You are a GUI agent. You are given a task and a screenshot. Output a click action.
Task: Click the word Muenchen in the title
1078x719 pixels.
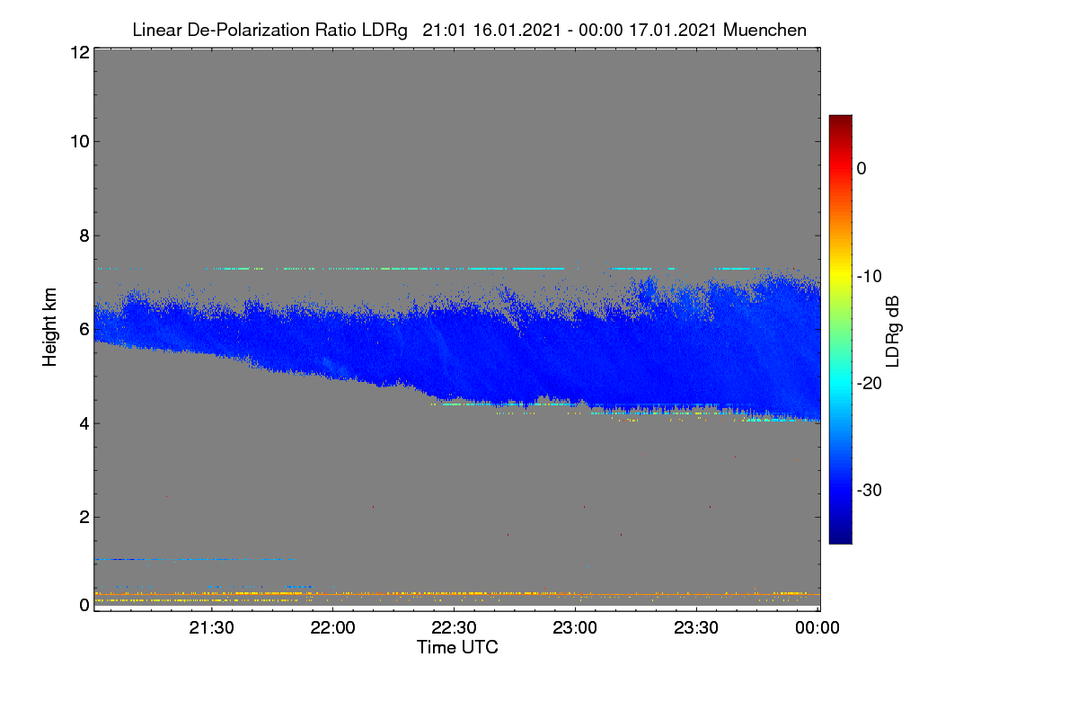(764, 30)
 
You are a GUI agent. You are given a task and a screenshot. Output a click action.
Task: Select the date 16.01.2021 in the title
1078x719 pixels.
(517, 30)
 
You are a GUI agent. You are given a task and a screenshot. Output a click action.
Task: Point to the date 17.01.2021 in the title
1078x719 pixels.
(673, 30)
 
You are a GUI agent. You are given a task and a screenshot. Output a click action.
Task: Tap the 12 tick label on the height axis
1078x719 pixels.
(80, 52)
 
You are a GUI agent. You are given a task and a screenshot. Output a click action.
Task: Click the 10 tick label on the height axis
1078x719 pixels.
(80, 142)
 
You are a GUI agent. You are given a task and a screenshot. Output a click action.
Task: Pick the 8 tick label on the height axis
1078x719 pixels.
(84, 235)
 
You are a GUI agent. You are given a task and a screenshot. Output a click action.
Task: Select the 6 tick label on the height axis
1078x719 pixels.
(84, 330)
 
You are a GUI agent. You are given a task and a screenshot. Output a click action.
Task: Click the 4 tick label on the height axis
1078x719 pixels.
(84, 424)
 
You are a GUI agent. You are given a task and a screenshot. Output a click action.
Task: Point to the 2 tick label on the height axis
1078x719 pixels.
(84, 518)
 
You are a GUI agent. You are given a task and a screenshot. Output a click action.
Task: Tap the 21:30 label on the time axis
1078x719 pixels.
(211, 627)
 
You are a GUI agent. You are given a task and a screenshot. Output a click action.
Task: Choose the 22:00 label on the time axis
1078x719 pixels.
(332, 627)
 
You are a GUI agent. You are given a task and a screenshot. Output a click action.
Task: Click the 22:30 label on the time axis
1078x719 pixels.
(454, 627)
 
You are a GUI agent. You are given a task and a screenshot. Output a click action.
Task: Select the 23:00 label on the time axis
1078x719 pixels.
(575, 627)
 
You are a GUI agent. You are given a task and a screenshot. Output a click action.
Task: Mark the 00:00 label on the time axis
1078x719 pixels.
(817, 627)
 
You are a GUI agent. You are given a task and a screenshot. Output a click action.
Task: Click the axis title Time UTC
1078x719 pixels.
(457, 647)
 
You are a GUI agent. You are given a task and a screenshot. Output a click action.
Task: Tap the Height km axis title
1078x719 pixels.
(49, 327)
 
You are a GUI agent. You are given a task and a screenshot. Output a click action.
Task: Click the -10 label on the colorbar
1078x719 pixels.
(870, 277)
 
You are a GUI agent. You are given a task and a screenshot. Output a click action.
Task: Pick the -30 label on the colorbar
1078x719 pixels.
(870, 490)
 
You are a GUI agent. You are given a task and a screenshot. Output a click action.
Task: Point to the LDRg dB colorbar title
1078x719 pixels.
(893, 332)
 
